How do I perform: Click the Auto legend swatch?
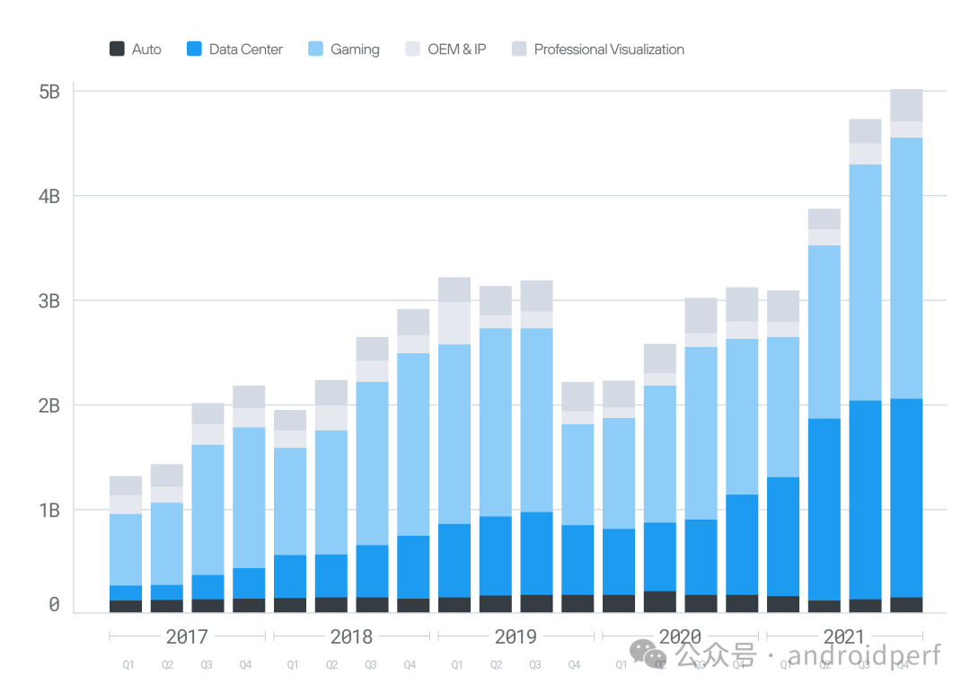tap(117, 49)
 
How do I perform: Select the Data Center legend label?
tap(245, 49)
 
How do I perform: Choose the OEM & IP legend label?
tap(456, 49)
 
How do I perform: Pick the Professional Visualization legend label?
tap(609, 49)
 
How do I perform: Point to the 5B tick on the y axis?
tap(49, 92)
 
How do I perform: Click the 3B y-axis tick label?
tap(49, 301)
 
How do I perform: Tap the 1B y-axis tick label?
tap(49, 510)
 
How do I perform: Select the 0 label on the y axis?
tap(54, 605)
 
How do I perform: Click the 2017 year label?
tap(187, 637)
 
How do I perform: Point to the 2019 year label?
tap(516, 637)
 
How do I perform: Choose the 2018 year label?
tap(351, 637)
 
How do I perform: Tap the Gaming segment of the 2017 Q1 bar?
tap(126, 549)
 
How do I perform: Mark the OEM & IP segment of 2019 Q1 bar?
tap(454, 323)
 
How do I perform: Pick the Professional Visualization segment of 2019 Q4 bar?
tap(578, 396)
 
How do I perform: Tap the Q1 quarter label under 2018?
tap(292, 665)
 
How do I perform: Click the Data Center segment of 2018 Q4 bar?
tap(413, 566)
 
